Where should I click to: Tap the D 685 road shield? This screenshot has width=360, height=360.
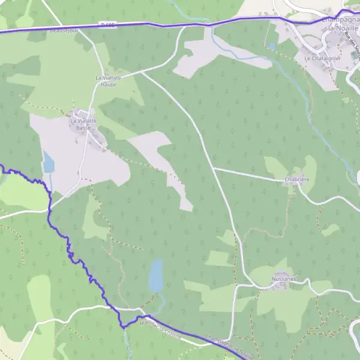108,25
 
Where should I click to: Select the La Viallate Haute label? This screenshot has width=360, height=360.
105,81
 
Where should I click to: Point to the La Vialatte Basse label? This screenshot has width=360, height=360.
82,124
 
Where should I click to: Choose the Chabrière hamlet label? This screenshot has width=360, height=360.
296,179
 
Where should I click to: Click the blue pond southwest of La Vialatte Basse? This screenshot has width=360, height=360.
48,162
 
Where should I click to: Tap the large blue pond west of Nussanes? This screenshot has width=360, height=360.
156,275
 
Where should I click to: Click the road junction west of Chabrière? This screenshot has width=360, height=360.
214,169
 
